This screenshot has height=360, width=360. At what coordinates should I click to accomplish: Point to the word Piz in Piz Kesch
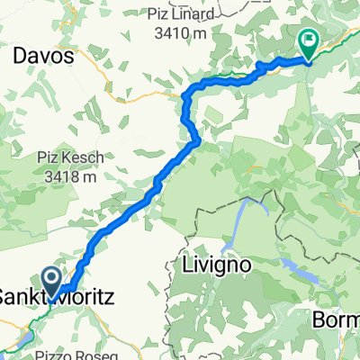49,158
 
